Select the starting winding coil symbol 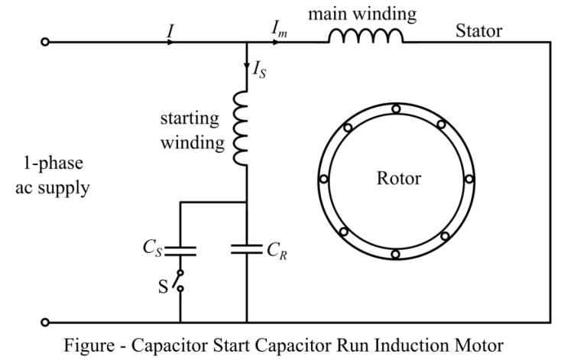point(242,128)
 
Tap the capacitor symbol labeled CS point(181,249)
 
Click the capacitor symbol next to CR point(246,249)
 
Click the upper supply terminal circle point(45,43)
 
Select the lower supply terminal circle point(45,322)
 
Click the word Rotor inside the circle point(398,179)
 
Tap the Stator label point(479,31)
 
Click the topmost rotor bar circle point(396,109)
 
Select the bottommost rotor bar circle point(396,254)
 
